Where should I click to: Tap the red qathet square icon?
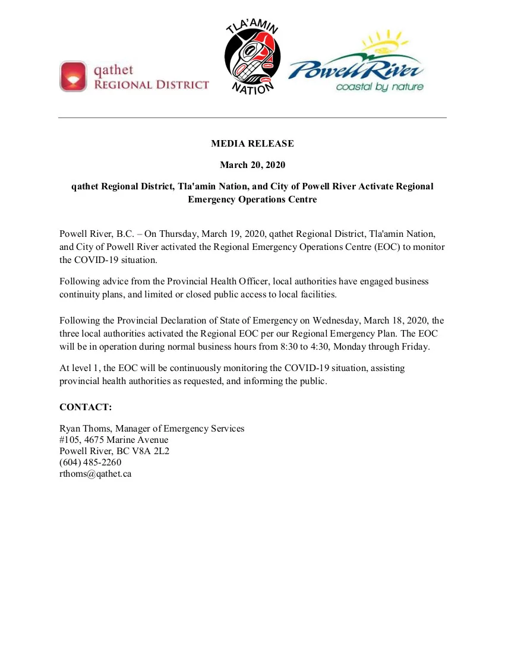(73, 77)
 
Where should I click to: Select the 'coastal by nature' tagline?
(379, 87)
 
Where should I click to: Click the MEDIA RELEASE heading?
(252, 144)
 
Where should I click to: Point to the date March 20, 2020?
(252, 164)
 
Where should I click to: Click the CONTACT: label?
(86, 407)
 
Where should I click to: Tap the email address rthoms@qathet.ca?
(95, 474)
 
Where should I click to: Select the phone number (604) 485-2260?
(90, 462)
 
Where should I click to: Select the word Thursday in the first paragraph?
(179, 234)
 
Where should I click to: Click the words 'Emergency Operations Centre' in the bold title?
(252, 199)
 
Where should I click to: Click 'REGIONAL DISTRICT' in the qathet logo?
(151, 84)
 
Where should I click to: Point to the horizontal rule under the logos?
(252, 118)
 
